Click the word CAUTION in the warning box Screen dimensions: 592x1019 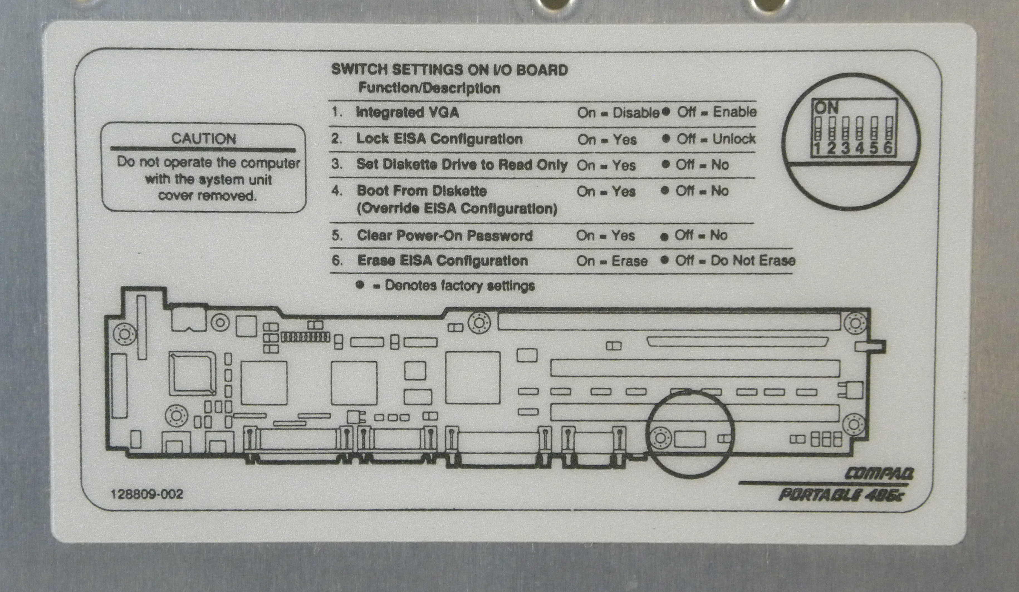click(x=204, y=139)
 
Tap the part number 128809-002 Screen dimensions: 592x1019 click(x=147, y=494)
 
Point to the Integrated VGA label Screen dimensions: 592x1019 click(x=407, y=112)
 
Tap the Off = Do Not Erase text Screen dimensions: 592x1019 click(x=735, y=261)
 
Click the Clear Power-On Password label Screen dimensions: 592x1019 click(x=444, y=236)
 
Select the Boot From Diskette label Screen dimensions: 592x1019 click(x=421, y=191)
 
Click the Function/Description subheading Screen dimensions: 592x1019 click(x=429, y=88)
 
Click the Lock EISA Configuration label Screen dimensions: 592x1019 click(x=439, y=139)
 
